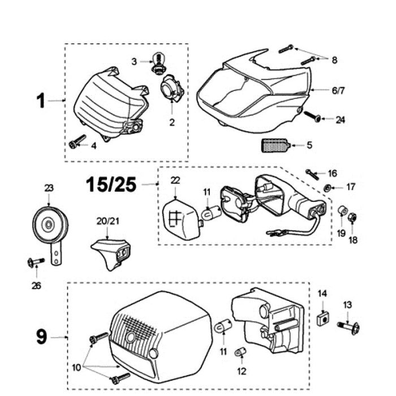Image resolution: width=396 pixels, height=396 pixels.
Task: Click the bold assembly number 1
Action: tap(41, 101)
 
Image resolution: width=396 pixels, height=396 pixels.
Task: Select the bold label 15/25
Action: tap(111, 184)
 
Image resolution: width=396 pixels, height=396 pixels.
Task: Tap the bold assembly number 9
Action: tap(41, 337)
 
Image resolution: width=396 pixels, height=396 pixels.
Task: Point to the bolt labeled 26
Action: tap(36, 261)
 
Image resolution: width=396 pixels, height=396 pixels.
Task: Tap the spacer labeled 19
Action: tap(342, 212)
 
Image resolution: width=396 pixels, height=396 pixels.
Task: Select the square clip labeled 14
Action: tap(322, 318)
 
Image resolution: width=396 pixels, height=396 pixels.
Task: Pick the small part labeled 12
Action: tap(239, 352)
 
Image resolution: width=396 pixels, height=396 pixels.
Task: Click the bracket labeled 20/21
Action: tap(111, 251)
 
